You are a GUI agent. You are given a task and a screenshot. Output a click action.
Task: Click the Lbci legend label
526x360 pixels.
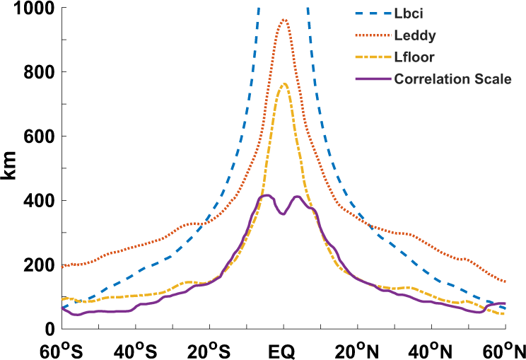point(409,14)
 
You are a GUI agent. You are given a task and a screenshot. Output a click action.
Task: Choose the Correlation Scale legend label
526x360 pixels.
point(453,79)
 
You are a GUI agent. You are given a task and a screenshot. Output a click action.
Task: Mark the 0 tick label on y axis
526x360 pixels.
point(49,329)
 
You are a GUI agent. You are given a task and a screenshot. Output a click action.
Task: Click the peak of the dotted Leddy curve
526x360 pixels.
point(284,20)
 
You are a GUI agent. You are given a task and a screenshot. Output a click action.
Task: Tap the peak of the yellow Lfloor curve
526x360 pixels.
point(284,83)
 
